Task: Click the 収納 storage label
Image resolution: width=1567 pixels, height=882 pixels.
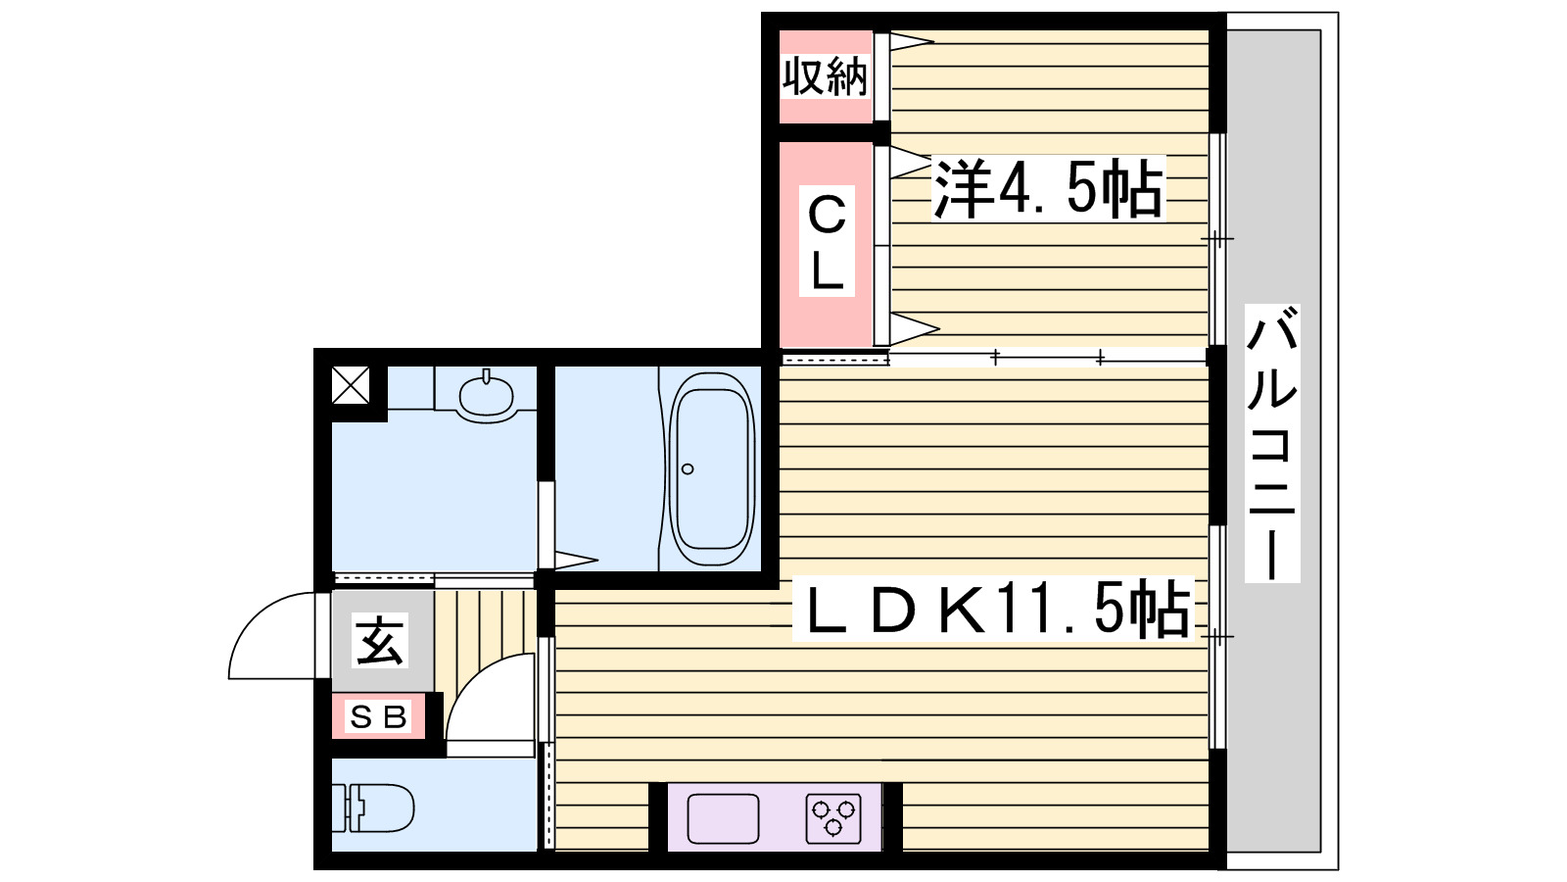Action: [825, 76]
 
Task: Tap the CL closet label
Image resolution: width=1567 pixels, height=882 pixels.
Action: [827, 241]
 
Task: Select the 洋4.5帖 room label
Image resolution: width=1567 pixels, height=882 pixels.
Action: [1048, 187]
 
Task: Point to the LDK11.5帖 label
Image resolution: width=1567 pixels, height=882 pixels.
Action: [995, 610]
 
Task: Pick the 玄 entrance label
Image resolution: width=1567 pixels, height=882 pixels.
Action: [380, 642]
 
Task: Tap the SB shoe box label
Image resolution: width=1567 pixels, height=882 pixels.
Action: [378, 717]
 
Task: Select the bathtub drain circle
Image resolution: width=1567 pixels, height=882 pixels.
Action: [688, 469]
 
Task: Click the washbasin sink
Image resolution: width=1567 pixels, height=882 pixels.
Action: [486, 397]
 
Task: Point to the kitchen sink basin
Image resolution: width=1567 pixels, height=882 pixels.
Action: [723, 818]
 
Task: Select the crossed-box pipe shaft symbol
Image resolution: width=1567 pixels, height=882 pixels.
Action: [351, 385]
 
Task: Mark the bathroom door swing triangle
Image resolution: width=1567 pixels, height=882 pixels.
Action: [576, 562]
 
